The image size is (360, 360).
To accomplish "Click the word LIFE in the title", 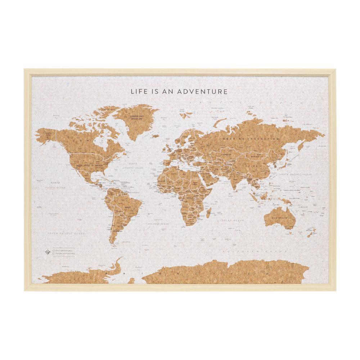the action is (139, 91).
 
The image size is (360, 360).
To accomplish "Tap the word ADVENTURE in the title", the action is (206, 91).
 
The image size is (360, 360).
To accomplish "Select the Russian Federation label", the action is (251, 139).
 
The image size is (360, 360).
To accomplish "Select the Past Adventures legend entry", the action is (63, 250).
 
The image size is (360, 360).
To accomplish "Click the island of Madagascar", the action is (208, 214).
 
